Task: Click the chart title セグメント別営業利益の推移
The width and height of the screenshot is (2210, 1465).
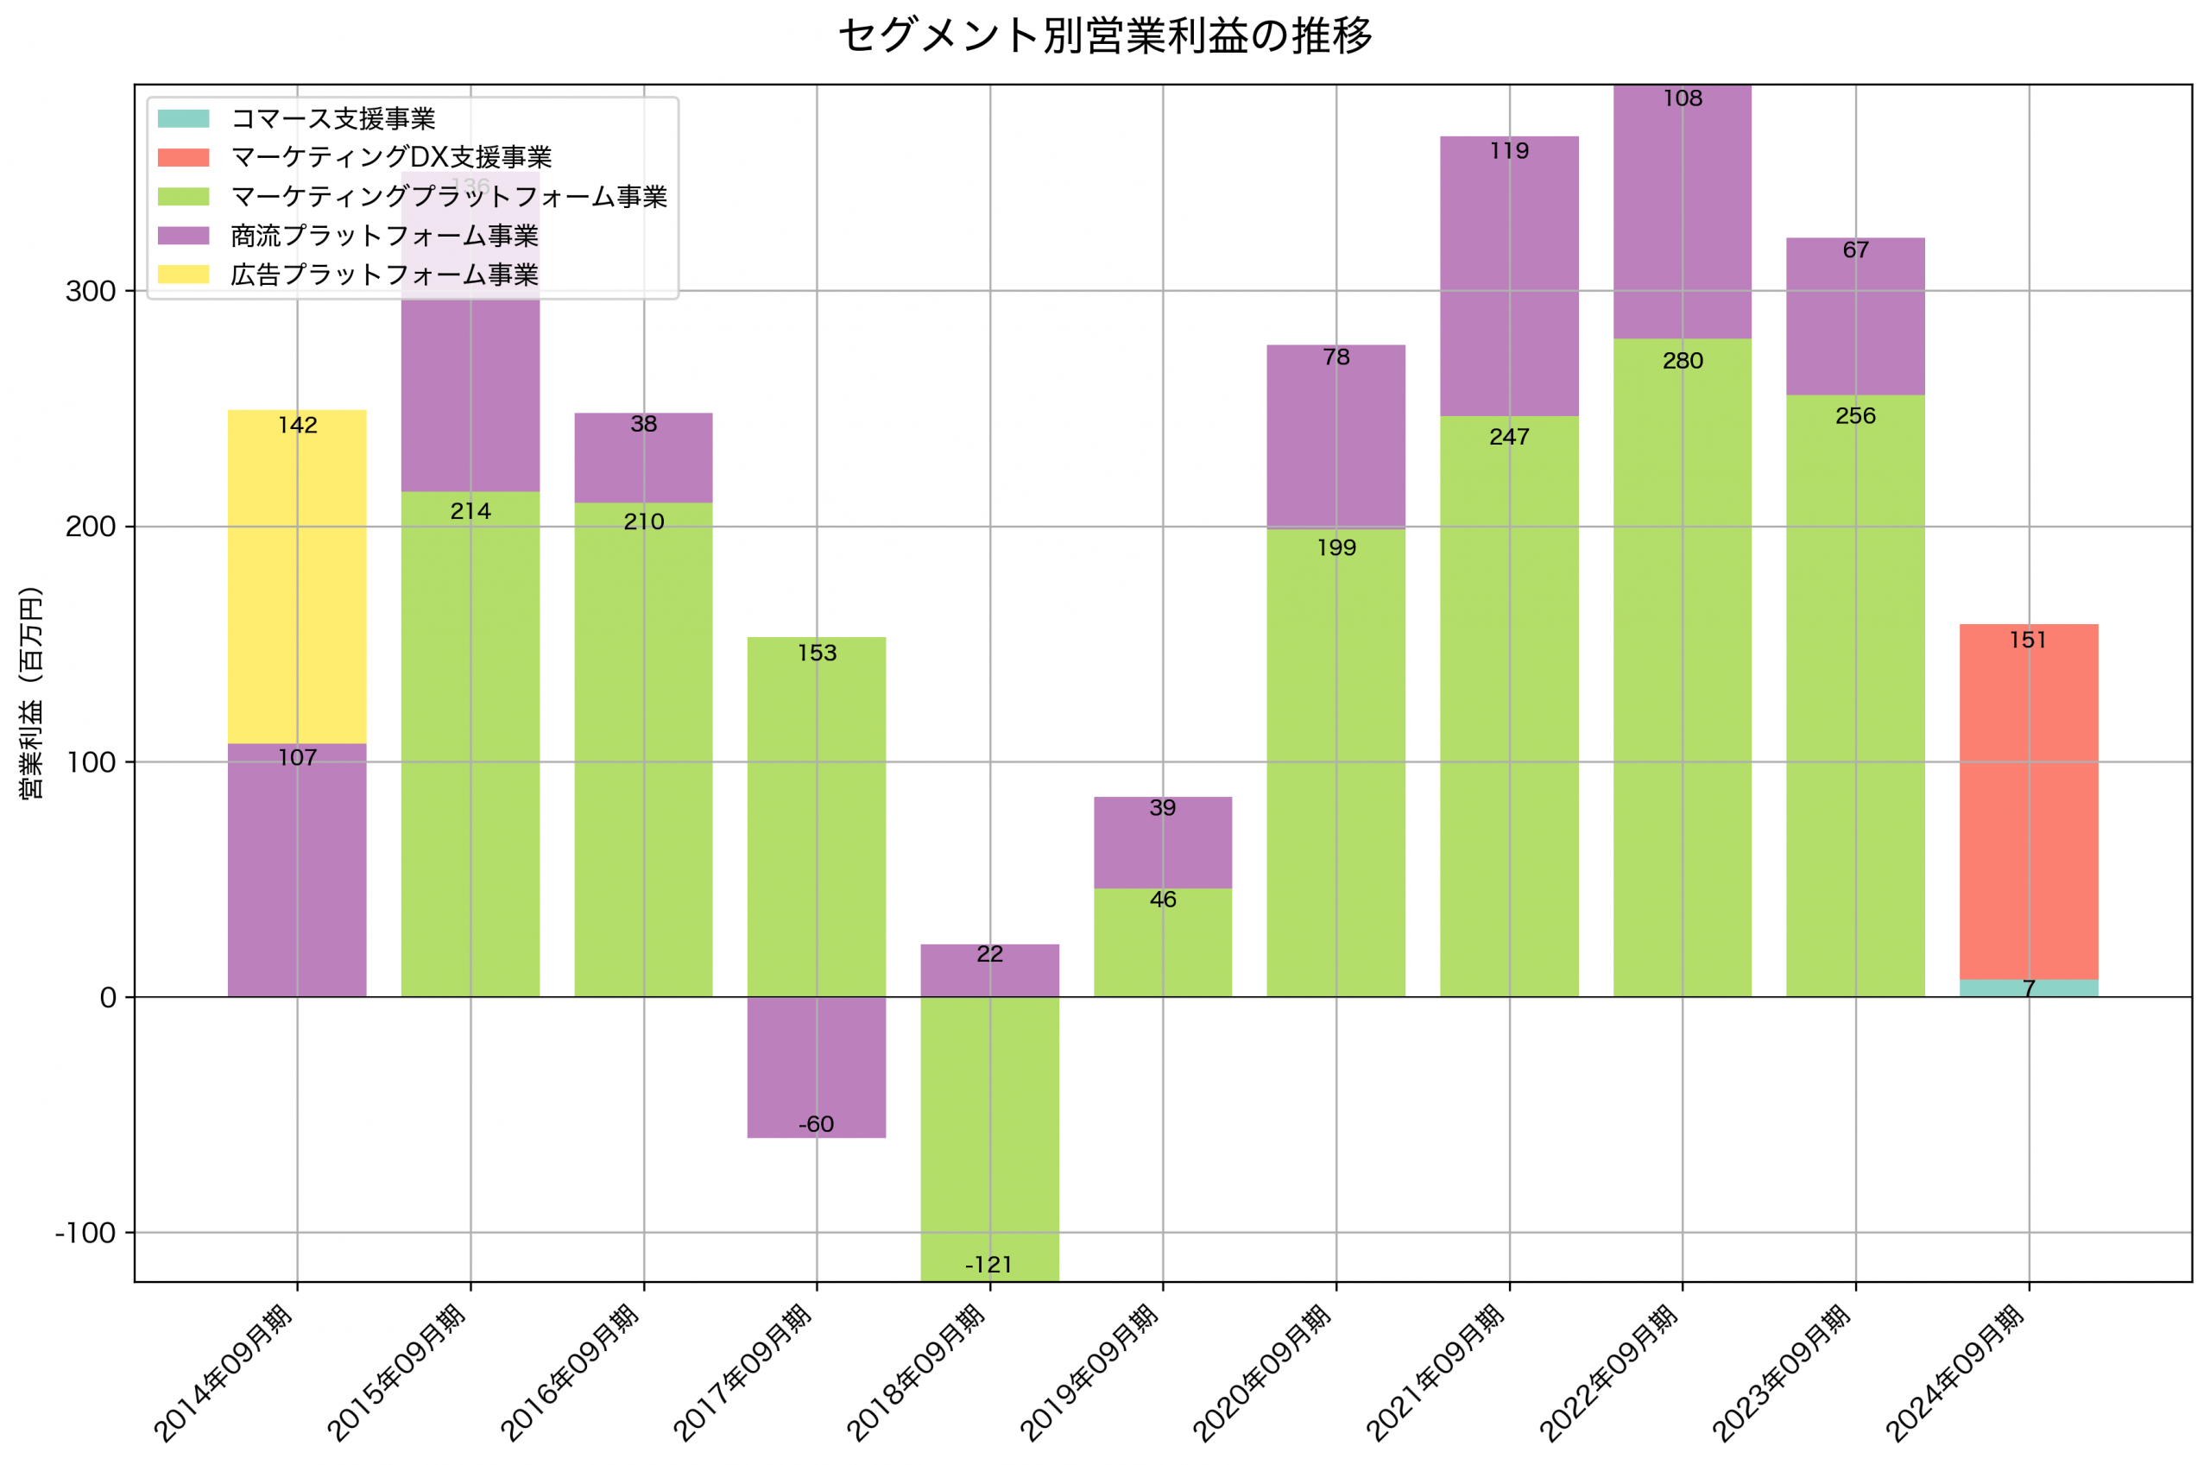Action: (1105, 36)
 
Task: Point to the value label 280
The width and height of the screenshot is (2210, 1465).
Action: (1683, 361)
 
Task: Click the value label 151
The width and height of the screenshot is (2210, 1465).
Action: (2028, 640)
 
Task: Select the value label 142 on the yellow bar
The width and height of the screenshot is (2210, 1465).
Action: (297, 425)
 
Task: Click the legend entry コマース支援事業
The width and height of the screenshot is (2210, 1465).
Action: (332, 118)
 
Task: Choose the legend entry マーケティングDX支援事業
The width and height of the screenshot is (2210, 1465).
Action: (390, 157)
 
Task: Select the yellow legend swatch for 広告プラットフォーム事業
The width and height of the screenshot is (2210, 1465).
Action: (183, 275)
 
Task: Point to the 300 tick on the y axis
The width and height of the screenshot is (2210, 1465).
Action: (91, 292)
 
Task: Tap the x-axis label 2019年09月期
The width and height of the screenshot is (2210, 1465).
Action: (1090, 1373)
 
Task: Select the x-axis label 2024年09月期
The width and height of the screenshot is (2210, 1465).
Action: (1955, 1373)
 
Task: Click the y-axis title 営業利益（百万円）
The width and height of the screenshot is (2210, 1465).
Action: (31, 692)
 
